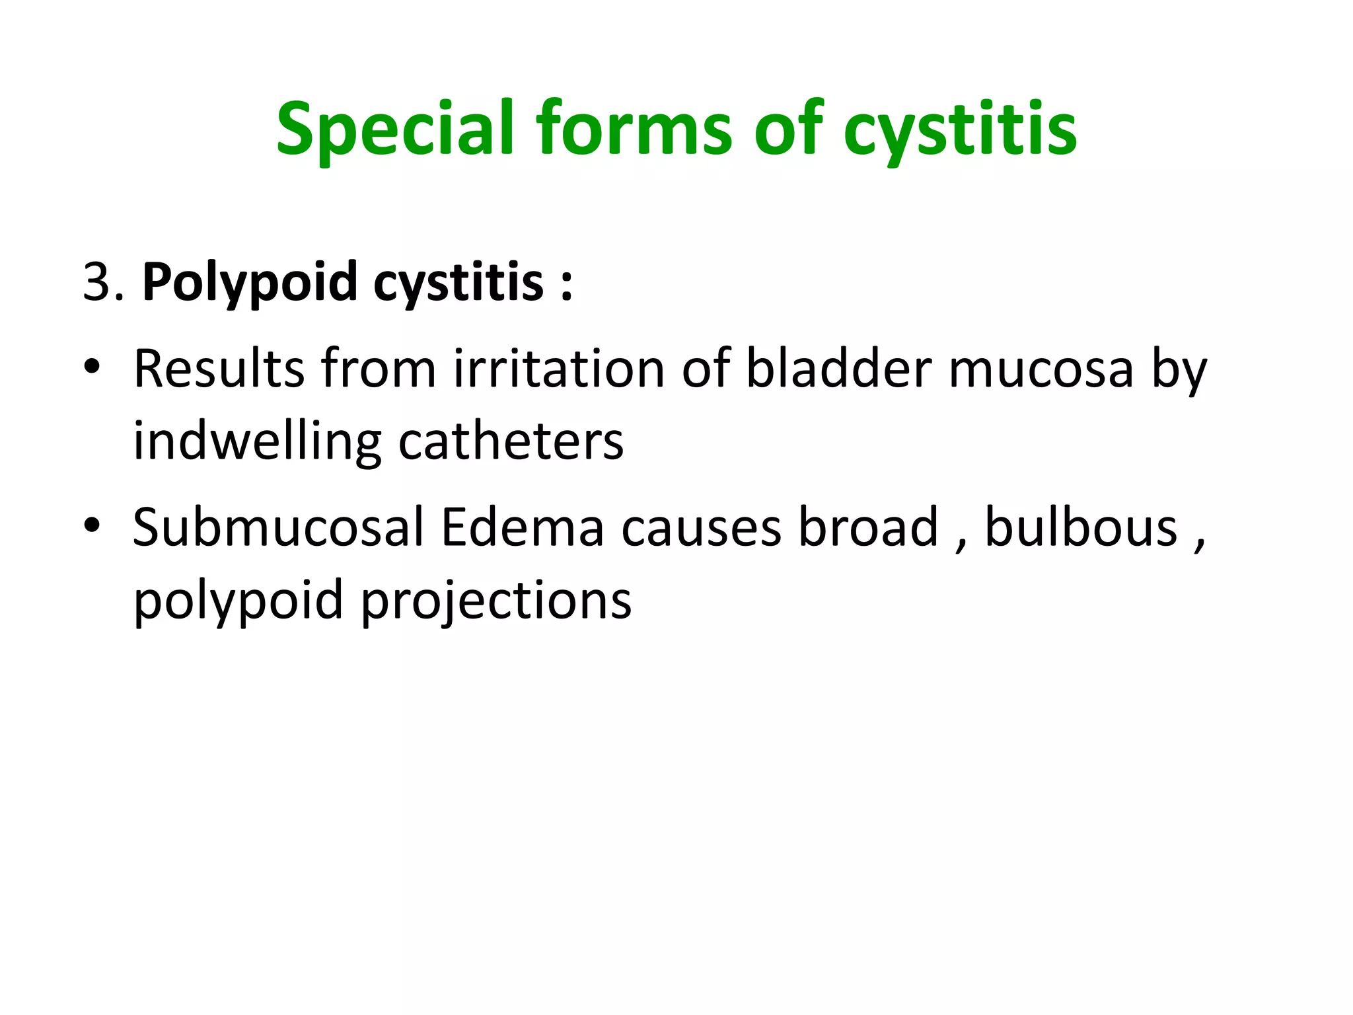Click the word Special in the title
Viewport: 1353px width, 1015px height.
(x=394, y=129)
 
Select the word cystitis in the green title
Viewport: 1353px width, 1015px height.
(x=960, y=129)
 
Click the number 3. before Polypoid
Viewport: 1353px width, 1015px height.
(x=103, y=282)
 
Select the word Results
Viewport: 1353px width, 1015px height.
(x=219, y=368)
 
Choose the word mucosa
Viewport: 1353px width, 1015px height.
(x=1042, y=368)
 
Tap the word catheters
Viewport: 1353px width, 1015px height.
(x=511, y=441)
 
